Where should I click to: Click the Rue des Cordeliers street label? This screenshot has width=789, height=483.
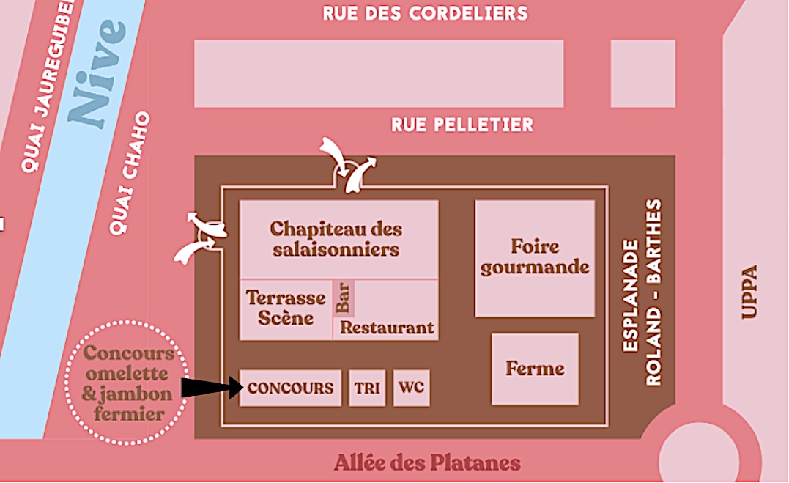[425, 13]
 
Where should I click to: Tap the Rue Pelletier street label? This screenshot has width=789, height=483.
[462, 125]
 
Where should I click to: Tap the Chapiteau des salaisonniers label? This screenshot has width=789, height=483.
[337, 238]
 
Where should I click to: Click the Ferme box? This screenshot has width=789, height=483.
[535, 369]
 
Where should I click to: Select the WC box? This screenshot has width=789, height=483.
[411, 388]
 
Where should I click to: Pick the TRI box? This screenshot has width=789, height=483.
[367, 388]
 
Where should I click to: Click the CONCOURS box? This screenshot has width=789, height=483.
[290, 388]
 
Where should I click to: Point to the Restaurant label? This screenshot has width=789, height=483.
[388, 328]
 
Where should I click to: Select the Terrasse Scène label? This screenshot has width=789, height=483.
[286, 308]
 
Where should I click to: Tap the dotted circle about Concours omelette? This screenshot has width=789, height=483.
[127, 383]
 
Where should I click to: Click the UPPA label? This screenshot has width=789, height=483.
[749, 291]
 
